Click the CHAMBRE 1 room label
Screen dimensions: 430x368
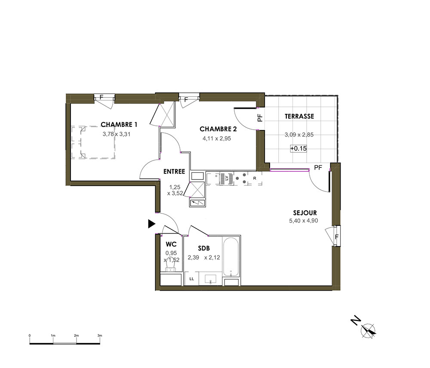click(119, 125)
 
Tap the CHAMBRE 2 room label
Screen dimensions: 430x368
click(218, 129)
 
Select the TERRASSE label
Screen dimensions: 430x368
click(299, 116)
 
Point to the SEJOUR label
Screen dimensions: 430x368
click(305, 213)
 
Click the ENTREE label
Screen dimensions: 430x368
click(174, 172)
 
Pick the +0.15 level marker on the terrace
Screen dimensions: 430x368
click(298, 149)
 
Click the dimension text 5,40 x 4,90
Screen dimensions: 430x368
click(303, 220)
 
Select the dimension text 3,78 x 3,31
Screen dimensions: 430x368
click(117, 134)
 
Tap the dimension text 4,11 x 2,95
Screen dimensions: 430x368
click(217, 139)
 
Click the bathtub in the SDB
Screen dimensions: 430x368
click(231, 256)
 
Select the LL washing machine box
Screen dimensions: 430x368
click(191, 279)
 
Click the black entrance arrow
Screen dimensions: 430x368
click(151, 224)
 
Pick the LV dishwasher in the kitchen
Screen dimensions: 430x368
click(227, 178)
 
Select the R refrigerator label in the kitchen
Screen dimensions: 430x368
click(255, 178)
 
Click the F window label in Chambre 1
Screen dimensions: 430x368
click(101, 97)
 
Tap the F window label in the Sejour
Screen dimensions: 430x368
click(337, 237)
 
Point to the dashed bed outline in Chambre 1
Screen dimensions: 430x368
click(93, 143)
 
